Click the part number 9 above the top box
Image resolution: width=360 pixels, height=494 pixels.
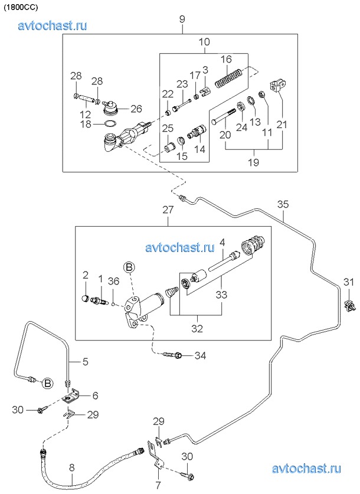pyautogui.click(x=182, y=19)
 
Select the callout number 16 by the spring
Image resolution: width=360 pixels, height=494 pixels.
pyautogui.click(x=226, y=59)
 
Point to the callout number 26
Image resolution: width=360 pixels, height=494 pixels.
pyautogui.click(x=136, y=108)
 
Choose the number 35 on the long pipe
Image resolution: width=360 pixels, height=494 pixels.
pyautogui.click(x=283, y=204)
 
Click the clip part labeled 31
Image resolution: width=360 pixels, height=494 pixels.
pyautogui.click(x=349, y=305)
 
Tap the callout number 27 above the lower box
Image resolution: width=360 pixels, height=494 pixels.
pyautogui.click(x=168, y=210)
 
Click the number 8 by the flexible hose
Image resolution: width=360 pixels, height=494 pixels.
pyautogui.click(x=71, y=468)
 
